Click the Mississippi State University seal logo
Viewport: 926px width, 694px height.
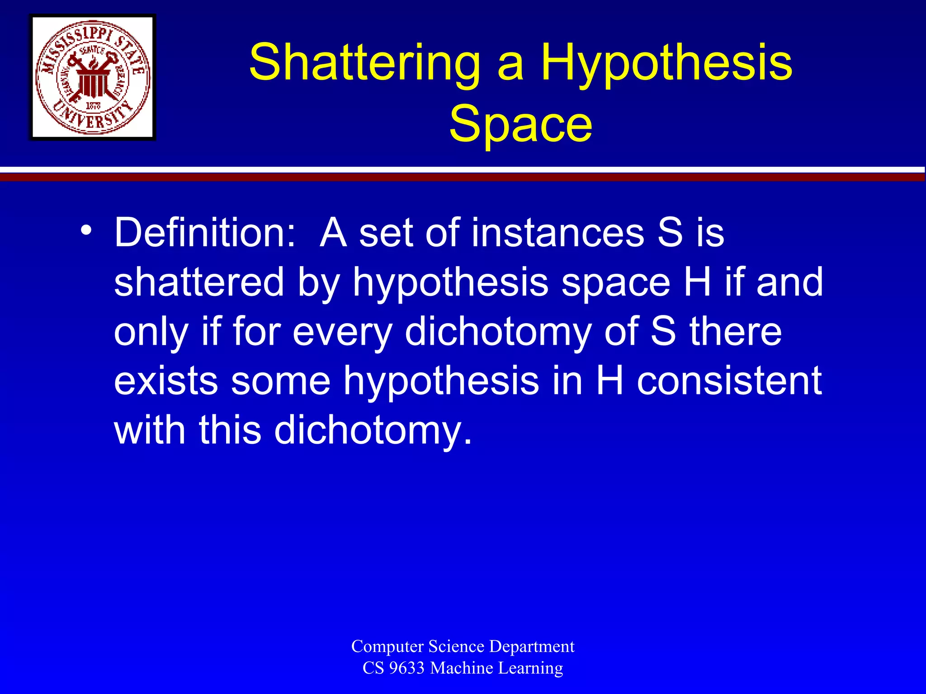pyautogui.click(x=93, y=77)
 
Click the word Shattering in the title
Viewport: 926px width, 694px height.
pyautogui.click(x=364, y=63)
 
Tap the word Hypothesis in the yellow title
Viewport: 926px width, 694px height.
pyautogui.click(x=666, y=63)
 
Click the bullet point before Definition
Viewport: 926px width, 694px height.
pyautogui.click(x=86, y=230)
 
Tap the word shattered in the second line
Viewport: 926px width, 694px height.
pyautogui.click(x=199, y=282)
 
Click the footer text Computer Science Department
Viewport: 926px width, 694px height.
pyautogui.click(x=463, y=646)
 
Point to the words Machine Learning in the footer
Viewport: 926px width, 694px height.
pyautogui.click(x=496, y=668)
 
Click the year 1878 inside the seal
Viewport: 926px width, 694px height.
pyautogui.click(x=93, y=106)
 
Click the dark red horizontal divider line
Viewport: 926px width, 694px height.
pyautogui.click(x=463, y=178)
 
